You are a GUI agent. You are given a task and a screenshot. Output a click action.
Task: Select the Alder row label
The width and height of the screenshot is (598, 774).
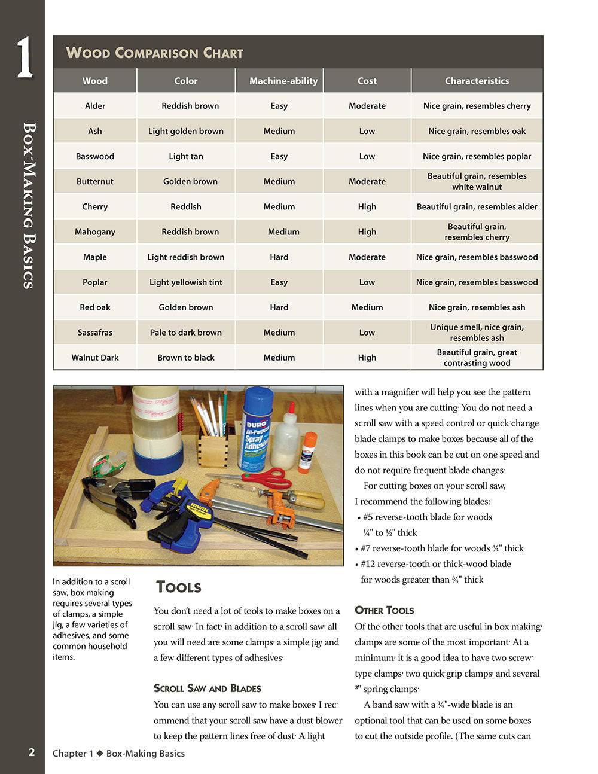95,106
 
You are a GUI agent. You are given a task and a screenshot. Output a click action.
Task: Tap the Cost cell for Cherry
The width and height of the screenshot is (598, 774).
367,206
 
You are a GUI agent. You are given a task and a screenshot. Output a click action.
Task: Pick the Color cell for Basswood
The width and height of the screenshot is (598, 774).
186,156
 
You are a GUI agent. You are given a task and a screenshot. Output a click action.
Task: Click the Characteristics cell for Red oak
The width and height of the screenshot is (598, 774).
477,307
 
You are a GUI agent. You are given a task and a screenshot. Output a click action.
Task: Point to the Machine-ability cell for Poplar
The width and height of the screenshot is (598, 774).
279,282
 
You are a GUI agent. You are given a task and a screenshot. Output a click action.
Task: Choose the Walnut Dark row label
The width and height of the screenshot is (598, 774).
95,358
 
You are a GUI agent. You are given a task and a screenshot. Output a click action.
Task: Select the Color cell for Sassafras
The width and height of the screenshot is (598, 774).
186,333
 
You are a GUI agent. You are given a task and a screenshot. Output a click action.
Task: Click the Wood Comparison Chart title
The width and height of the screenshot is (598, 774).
154,53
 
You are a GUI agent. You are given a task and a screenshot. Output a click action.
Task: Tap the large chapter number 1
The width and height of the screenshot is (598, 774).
24,58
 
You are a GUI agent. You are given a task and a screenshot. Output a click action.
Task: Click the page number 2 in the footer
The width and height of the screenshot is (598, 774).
32,752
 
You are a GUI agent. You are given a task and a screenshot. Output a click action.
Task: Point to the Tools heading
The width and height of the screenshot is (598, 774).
178,587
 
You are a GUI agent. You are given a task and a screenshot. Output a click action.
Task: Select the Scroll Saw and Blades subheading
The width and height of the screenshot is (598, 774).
207,688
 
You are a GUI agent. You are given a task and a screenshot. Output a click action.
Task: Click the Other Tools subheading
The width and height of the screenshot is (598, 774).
384,610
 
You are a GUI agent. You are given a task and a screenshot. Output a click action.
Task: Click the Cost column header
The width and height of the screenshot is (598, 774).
367,81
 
